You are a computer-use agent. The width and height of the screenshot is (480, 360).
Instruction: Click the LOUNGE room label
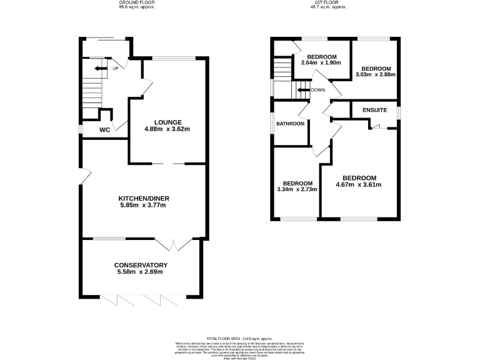(x=167, y=122)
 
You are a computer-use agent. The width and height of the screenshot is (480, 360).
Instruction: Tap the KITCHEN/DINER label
(x=144, y=199)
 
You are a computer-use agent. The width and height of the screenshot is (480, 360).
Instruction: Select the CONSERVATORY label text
(x=141, y=265)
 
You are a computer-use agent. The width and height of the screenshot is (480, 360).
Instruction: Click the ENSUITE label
(x=375, y=111)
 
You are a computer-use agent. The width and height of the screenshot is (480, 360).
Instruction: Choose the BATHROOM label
(x=291, y=124)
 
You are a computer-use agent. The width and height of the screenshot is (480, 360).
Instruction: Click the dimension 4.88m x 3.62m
(x=167, y=129)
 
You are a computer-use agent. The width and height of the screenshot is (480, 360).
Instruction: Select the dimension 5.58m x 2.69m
(x=141, y=272)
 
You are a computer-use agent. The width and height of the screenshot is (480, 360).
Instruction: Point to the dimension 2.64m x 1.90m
(x=321, y=63)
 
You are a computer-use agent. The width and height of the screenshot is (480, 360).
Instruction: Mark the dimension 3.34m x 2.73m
(x=297, y=189)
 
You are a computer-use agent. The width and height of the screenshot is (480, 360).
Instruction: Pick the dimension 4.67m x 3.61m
(x=358, y=184)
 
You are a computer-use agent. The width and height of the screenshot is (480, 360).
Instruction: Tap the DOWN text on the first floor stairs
(x=318, y=90)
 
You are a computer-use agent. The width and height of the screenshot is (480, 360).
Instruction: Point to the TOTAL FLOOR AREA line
(x=239, y=337)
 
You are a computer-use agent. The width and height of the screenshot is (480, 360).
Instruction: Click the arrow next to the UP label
(x=100, y=68)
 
